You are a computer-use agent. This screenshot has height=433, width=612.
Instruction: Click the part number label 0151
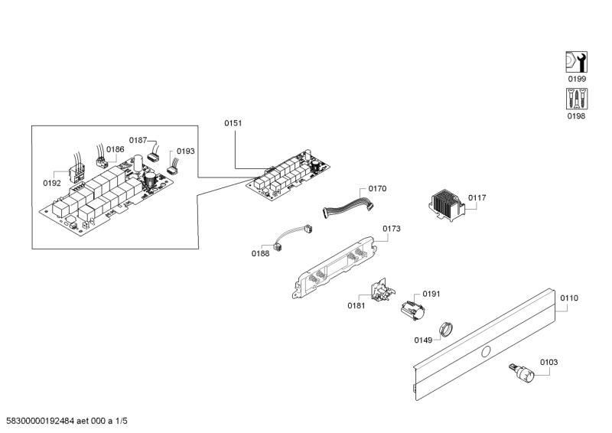233,122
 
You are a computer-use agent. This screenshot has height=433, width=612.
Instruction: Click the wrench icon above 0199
576,62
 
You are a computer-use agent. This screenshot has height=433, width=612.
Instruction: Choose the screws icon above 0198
576,99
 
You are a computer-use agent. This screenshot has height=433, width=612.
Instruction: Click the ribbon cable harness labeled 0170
349,206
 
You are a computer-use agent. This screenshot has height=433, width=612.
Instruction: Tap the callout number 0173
391,229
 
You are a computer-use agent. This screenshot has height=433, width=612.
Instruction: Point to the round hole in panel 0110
484,351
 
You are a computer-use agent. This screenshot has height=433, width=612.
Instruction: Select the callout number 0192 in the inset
52,184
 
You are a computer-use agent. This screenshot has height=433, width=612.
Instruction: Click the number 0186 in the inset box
116,149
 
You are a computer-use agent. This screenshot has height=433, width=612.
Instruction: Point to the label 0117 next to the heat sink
477,197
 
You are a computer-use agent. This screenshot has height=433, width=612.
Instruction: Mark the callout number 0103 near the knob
549,362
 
